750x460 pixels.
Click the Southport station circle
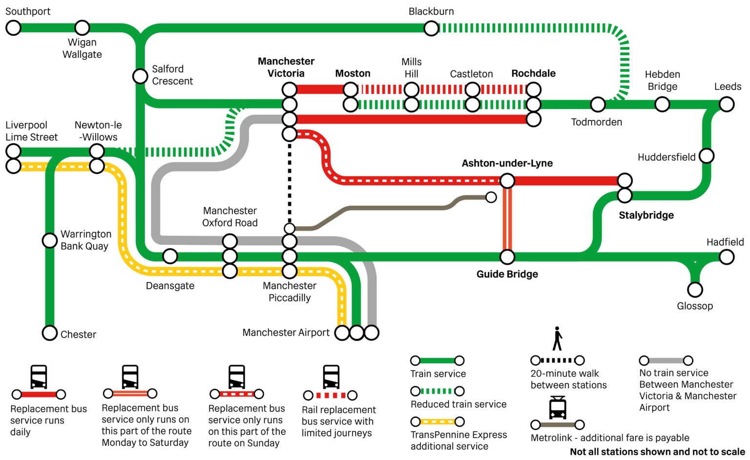click(13, 28)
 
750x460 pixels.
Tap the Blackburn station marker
click(431, 28)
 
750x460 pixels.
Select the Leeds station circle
click(727, 104)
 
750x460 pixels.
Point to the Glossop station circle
click(695, 290)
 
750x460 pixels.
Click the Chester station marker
click(50, 333)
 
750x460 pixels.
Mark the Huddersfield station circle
click(706, 156)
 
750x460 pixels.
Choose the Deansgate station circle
click(170, 256)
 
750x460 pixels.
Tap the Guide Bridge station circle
click(507, 257)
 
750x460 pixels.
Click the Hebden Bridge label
click(662, 81)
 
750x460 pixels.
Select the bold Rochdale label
click(533, 73)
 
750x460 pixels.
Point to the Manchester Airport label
click(286, 333)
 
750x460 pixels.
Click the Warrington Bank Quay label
click(85, 240)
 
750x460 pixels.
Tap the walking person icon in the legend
click(557, 339)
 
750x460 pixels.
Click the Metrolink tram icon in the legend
click(557, 408)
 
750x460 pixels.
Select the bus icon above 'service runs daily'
click(39, 377)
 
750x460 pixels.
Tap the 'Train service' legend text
click(438, 374)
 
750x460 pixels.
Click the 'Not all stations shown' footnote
click(657, 452)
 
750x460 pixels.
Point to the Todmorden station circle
click(598, 104)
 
